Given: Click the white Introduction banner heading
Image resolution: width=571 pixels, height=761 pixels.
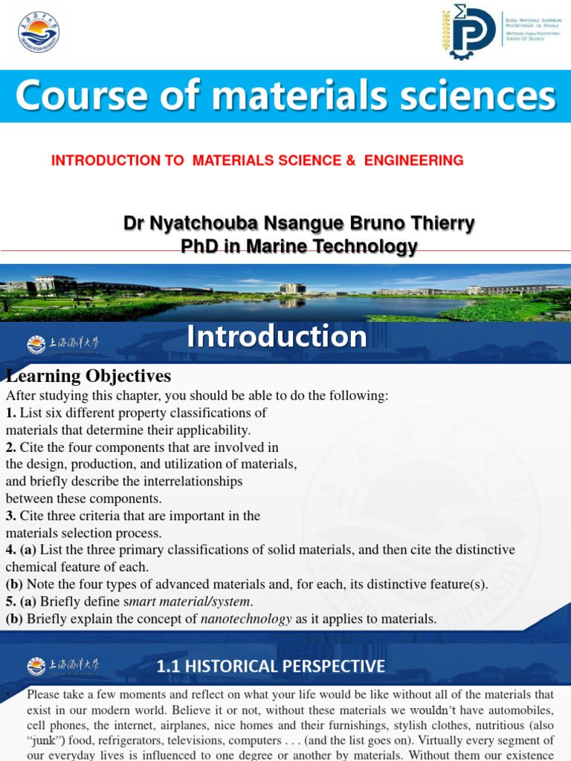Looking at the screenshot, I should coord(277,337).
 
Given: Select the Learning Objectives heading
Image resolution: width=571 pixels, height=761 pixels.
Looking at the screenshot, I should coord(88,376).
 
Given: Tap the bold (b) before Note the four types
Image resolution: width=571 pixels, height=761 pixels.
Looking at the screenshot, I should coord(14,584).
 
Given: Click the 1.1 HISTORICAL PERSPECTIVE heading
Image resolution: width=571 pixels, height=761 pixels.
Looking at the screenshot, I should coord(271,666).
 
